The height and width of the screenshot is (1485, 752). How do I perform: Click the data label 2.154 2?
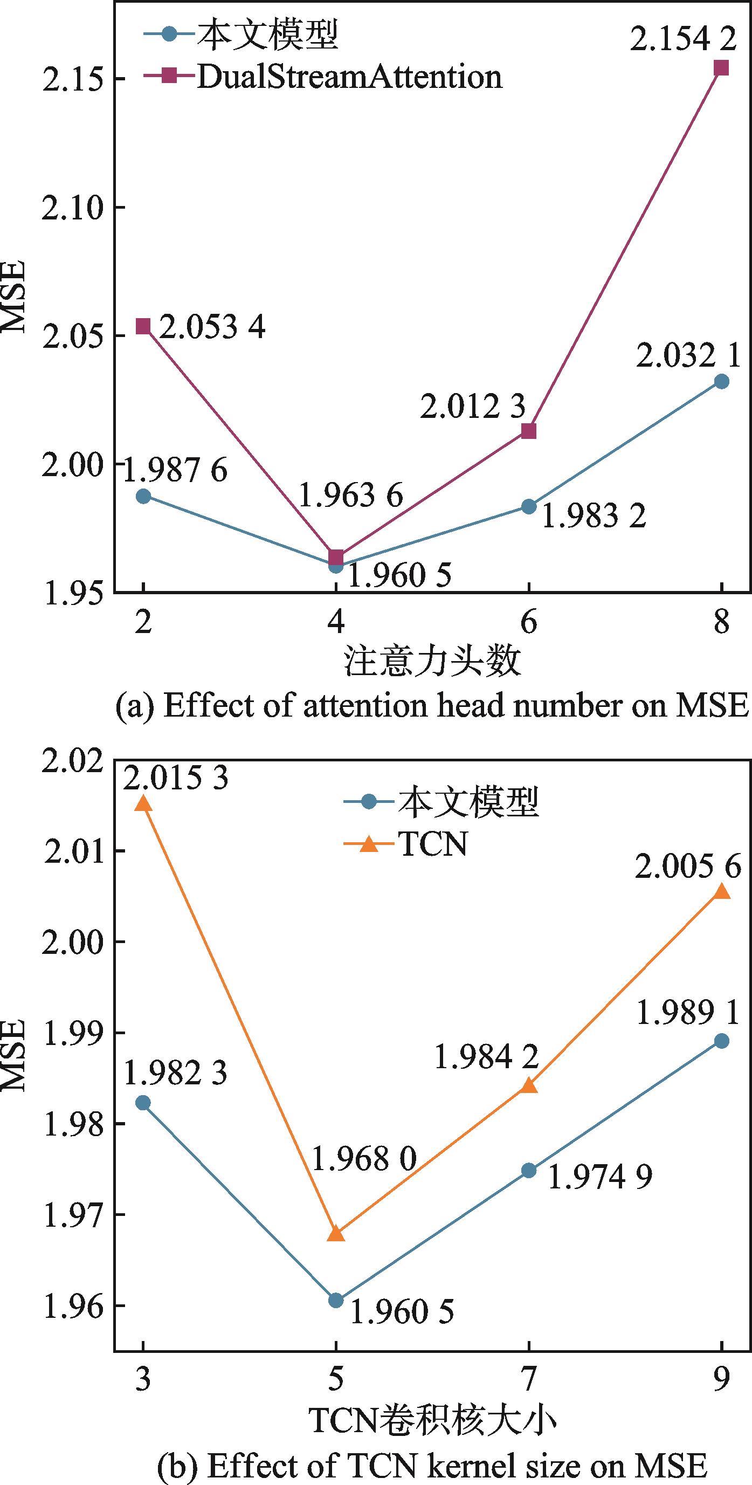(x=683, y=40)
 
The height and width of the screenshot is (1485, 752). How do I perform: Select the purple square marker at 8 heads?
(x=721, y=68)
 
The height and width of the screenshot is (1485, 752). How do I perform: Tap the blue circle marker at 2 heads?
(x=143, y=496)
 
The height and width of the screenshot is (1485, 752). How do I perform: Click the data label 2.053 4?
(x=212, y=328)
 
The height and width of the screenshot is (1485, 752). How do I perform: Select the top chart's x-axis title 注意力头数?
(x=432, y=661)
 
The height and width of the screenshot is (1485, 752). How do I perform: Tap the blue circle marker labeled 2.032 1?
(x=721, y=381)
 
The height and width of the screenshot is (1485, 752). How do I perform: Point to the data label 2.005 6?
(x=687, y=867)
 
